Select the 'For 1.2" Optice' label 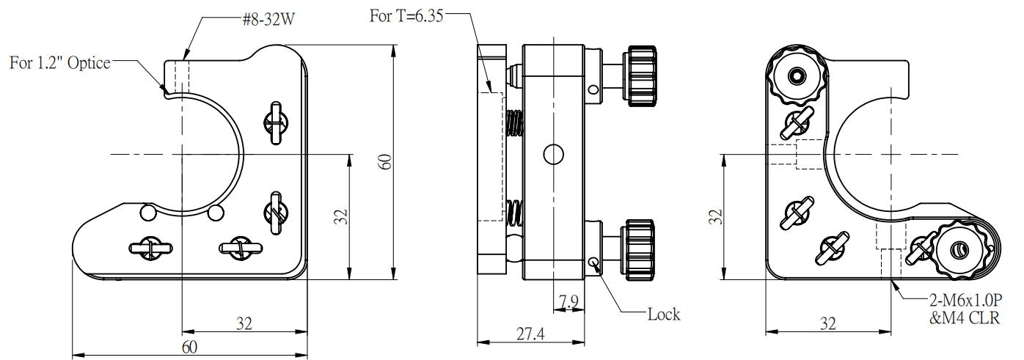tap(59, 63)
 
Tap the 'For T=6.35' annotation tap(406, 16)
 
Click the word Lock tap(663, 315)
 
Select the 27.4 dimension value tap(531, 334)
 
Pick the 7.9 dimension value tap(568, 302)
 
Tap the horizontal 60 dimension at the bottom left tap(189, 347)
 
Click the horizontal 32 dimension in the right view tap(827, 323)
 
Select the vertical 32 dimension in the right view tap(717, 217)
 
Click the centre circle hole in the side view tap(553, 154)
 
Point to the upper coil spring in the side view tap(513, 123)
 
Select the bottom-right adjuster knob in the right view tap(959, 250)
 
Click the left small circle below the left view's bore tap(147, 213)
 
